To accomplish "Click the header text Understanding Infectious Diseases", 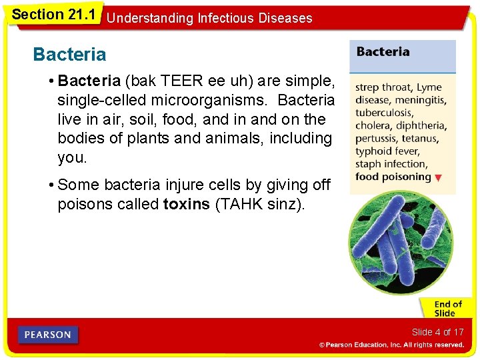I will pos(209,18).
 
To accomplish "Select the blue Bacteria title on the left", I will pos(69,53).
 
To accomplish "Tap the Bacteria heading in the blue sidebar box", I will pos(383,52).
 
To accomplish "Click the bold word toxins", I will pos(186,204).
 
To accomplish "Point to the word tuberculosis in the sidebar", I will pos(383,113).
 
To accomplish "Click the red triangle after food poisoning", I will pos(438,178).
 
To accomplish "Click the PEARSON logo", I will pos(48,334).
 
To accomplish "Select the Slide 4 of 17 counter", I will pos(437,332).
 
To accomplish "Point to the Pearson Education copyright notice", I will pos(391,345).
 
